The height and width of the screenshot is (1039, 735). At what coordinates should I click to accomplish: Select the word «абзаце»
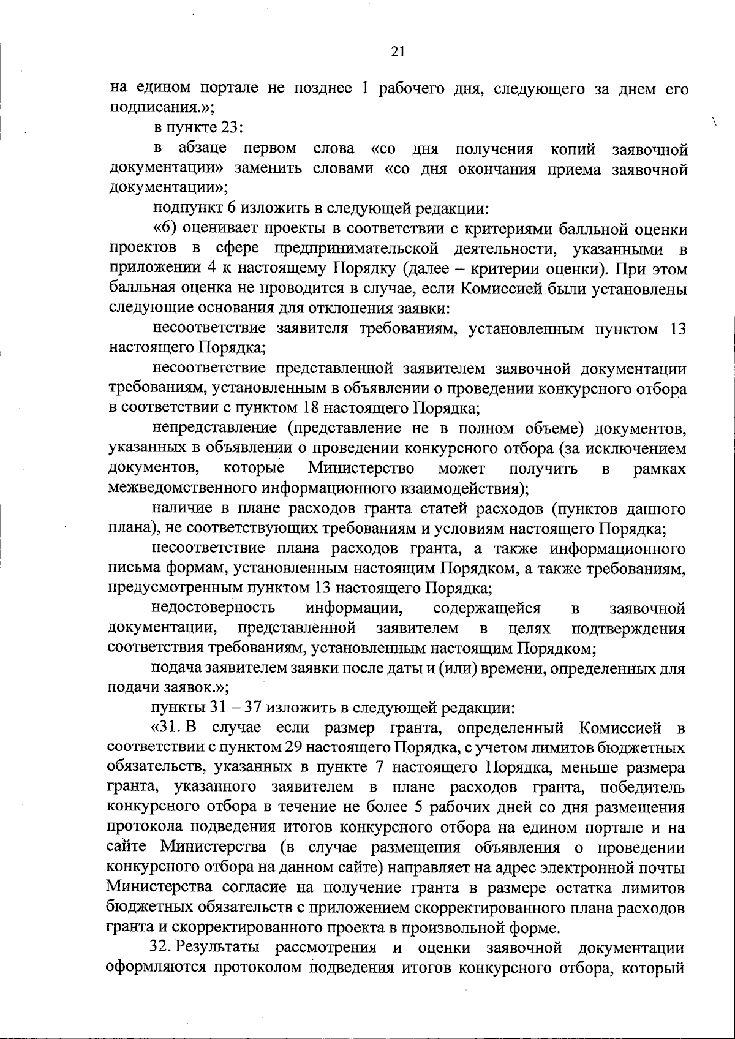[x=203, y=149]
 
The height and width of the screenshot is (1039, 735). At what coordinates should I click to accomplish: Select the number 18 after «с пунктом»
[x=311, y=407]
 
